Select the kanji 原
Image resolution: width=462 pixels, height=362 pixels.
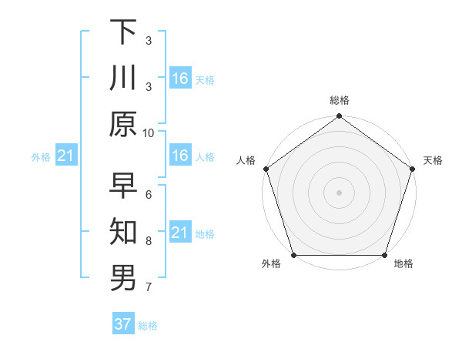tap(123, 124)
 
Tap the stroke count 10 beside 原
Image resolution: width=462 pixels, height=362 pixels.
tap(149, 132)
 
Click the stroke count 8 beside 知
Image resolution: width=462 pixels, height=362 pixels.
tap(149, 241)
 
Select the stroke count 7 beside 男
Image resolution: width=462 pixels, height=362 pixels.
tap(149, 287)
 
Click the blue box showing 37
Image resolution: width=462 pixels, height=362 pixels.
tap(123, 324)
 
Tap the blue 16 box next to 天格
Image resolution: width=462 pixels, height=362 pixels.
tap(179, 78)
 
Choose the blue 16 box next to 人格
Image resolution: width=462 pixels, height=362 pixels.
tap(179, 156)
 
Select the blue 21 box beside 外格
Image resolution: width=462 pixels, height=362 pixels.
tap(65, 156)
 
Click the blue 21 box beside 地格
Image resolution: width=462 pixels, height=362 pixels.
tap(179, 233)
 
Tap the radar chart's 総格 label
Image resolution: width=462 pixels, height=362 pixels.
tap(339, 100)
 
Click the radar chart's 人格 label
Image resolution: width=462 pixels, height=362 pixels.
tap(246, 161)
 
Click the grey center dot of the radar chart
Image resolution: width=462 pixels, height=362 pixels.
tap(339, 193)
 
